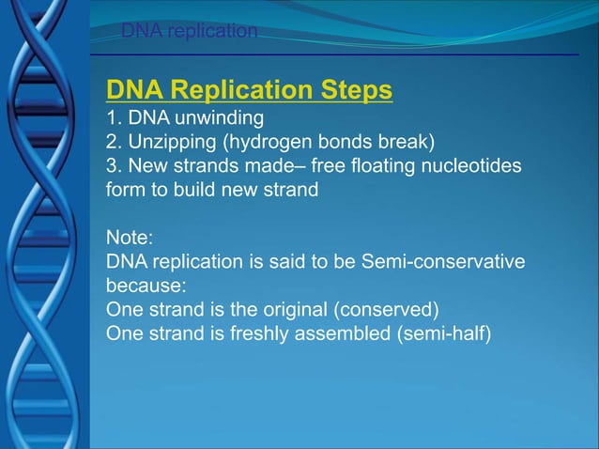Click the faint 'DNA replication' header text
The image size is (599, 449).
click(189, 32)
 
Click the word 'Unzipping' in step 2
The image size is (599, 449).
click(167, 143)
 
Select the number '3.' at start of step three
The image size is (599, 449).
click(115, 166)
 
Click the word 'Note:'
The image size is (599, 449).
click(129, 238)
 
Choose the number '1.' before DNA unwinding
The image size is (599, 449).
click(115, 118)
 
